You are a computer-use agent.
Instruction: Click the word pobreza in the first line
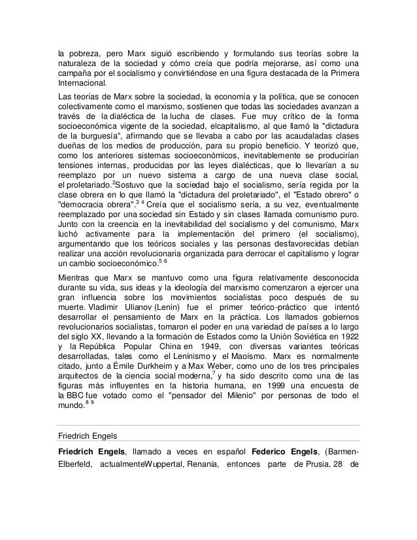(x=85, y=52)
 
